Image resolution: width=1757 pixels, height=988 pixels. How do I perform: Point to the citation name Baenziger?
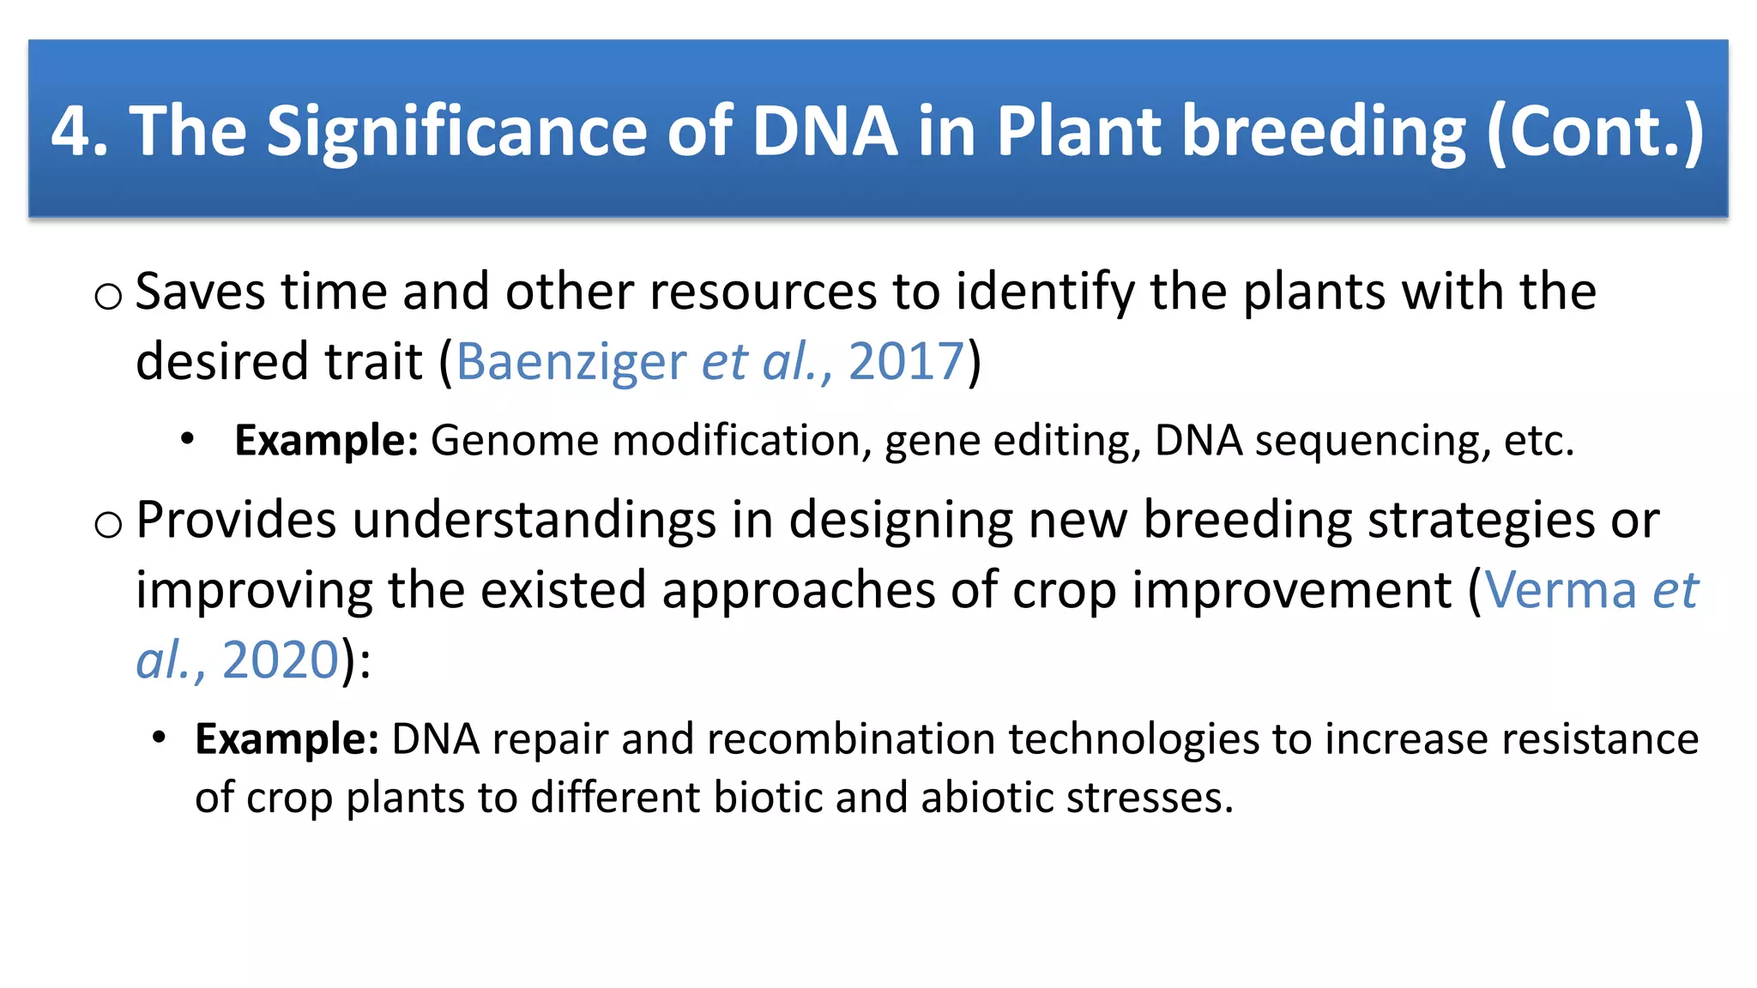(571, 361)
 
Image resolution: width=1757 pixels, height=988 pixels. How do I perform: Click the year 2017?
(906, 361)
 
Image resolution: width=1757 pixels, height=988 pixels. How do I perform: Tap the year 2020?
(281, 660)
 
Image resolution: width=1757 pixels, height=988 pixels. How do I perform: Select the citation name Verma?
(1561, 591)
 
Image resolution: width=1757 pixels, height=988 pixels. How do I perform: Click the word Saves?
(200, 292)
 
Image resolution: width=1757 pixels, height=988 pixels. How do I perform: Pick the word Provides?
(236, 521)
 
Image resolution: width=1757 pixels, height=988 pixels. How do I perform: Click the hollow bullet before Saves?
(108, 297)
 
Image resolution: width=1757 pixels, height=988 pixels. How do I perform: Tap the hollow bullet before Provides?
(108, 525)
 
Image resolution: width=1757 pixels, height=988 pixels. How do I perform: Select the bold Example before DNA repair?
(287, 739)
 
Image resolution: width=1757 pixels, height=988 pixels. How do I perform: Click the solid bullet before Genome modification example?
(188, 439)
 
